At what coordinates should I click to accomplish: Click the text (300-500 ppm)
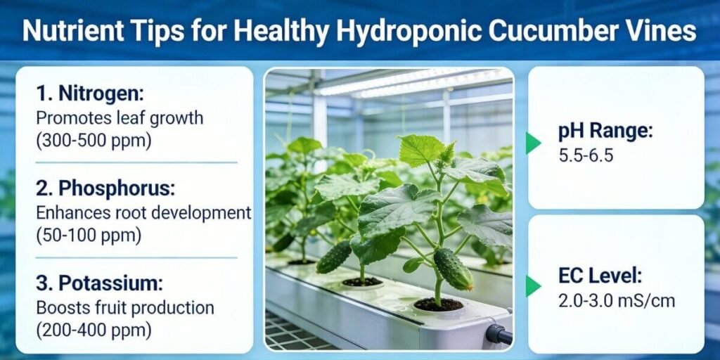[93, 139]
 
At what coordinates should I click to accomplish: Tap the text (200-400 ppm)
[93, 329]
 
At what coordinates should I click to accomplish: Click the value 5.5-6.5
[586, 155]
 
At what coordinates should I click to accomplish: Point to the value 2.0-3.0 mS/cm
[617, 301]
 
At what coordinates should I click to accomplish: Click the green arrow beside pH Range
[533, 143]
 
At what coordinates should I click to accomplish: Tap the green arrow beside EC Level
[533, 285]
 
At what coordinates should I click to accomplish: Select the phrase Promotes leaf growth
[119, 117]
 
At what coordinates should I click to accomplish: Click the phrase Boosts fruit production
[124, 307]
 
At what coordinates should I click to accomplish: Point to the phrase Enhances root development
[143, 212]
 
